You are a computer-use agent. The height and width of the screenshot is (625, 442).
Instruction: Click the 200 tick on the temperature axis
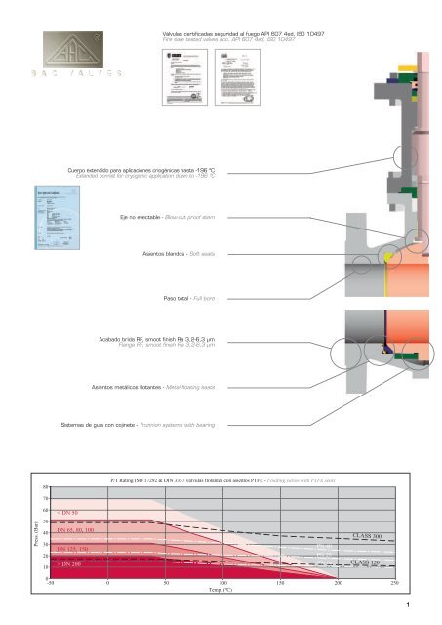[338, 582]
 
